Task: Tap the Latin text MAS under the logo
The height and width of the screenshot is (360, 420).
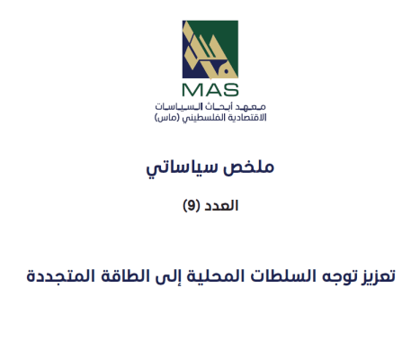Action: point(209,89)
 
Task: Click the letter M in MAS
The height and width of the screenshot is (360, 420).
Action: point(192,89)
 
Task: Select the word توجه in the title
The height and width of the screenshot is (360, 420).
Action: point(328,274)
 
